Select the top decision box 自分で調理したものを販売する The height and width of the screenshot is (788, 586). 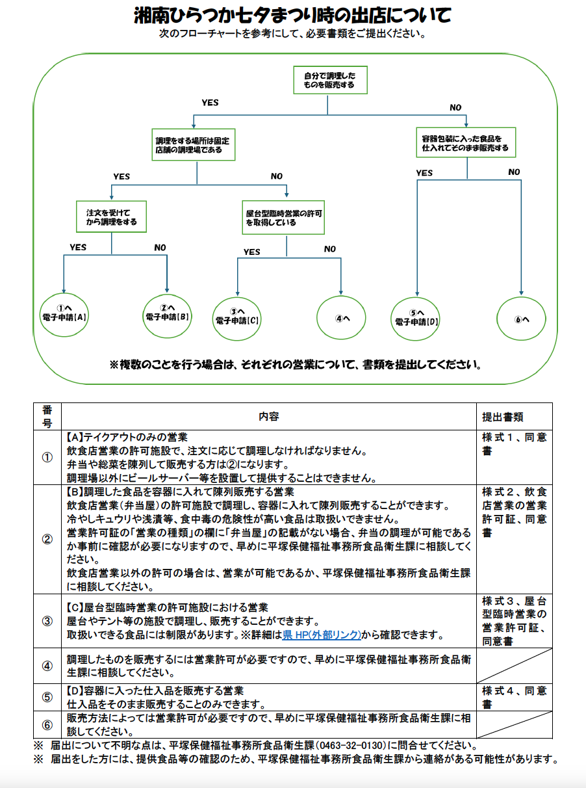tap(329, 80)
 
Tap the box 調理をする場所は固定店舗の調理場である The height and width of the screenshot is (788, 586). tap(193, 144)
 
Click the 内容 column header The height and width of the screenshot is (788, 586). tap(268, 416)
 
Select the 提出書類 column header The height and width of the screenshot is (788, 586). tap(502, 417)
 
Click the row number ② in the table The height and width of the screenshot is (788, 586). tap(47, 540)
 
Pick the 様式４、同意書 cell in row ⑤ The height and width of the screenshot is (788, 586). tap(514, 697)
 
